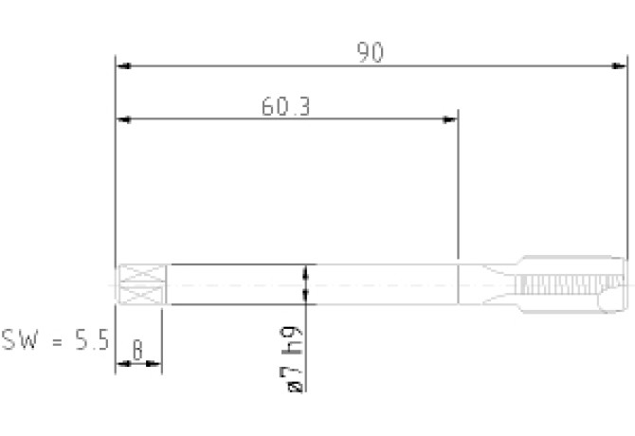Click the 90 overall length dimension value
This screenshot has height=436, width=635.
click(x=370, y=53)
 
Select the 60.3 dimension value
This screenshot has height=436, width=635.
click(x=286, y=106)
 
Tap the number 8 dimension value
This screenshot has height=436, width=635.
click(x=137, y=350)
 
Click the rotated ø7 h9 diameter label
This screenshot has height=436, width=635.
click(x=292, y=359)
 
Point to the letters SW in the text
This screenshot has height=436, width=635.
click(x=20, y=339)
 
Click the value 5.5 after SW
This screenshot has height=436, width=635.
click(x=92, y=339)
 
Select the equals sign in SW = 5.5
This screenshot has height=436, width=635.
click(x=58, y=341)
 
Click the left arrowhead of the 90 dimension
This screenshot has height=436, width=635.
click(x=123, y=65)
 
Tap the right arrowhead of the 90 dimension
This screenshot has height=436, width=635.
click(x=619, y=65)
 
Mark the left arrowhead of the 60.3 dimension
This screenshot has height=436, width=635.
click(x=123, y=119)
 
